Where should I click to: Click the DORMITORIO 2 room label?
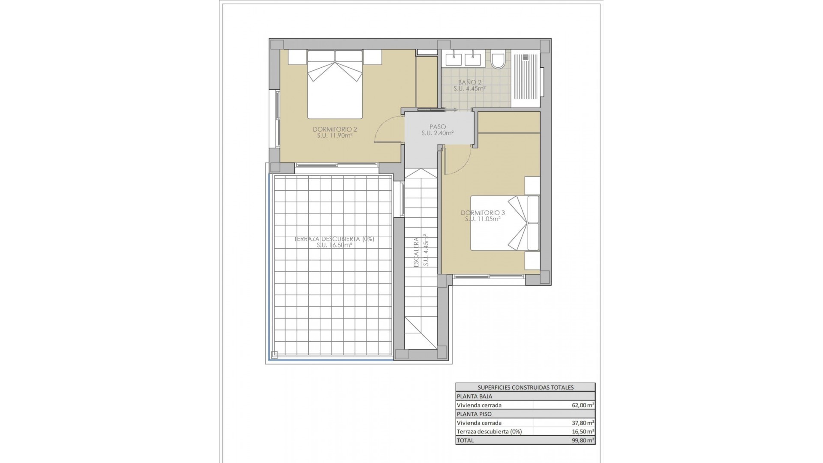pyautogui.click(x=335, y=129)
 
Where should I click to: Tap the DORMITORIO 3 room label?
pyautogui.click(x=483, y=213)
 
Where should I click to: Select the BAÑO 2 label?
pyautogui.click(x=469, y=82)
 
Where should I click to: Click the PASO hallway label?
pyautogui.click(x=437, y=127)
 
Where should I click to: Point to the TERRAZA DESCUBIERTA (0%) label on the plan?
pyautogui.click(x=334, y=239)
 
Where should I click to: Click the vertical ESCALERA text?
pyautogui.click(x=416, y=253)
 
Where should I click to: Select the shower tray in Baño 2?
pyautogui.click(x=526, y=79)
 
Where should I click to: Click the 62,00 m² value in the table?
pyautogui.click(x=580, y=405)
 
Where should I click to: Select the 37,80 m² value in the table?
pyautogui.click(x=580, y=423)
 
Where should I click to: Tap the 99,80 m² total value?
pyautogui.click(x=580, y=440)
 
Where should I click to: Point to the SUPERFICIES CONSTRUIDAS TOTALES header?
pyautogui.click(x=526, y=388)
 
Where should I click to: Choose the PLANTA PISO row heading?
pyautogui.click(x=475, y=414)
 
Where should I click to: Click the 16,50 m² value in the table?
pyautogui.click(x=580, y=432)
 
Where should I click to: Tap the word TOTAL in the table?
pyautogui.click(x=466, y=440)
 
